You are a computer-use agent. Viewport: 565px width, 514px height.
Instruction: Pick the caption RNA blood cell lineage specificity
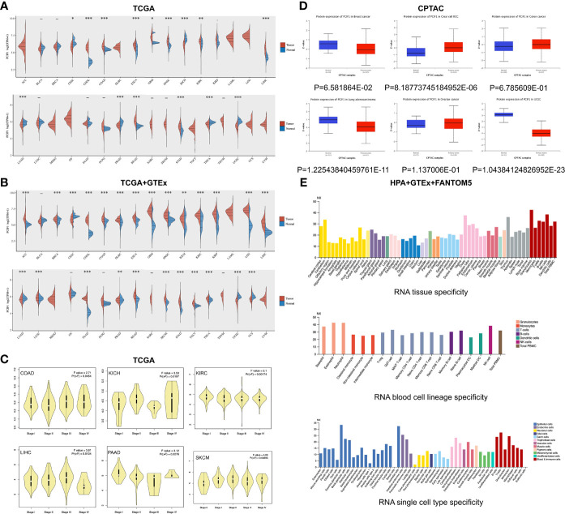[x=422, y=375]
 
